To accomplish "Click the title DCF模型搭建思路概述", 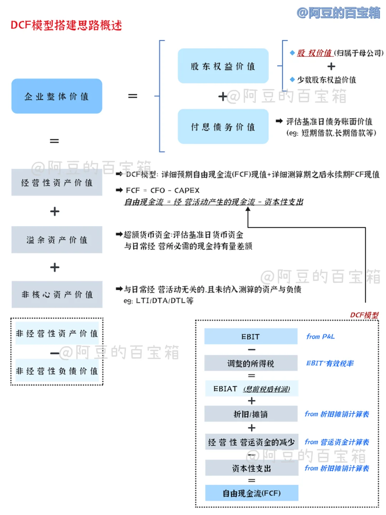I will coord(66,25).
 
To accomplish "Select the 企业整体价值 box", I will coord(57,96).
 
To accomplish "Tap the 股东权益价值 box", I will coord(223,66).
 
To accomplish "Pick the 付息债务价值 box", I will coord(223,127).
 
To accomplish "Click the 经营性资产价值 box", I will coord(57,183).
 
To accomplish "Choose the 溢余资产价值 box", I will coord(57,240).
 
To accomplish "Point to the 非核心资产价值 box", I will coord(57,294).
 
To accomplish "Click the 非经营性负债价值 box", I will coord(57,371).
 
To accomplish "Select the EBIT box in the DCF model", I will coord(251,337).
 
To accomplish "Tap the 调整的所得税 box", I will coord(251,363).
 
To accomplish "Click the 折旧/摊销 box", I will coord(251,414).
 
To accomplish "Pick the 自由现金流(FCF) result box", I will coord(252,493).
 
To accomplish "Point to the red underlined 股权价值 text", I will coord(315,53).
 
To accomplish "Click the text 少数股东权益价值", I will coord(326,79).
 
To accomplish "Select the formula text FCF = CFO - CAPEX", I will coord(163,190).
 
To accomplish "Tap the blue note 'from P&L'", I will coord(320,337).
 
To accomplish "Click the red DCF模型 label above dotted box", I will coord(364,315).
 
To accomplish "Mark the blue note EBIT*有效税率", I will coord(330,363).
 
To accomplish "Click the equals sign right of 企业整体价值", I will coord(133,96).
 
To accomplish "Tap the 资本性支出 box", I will coord(252,468).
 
